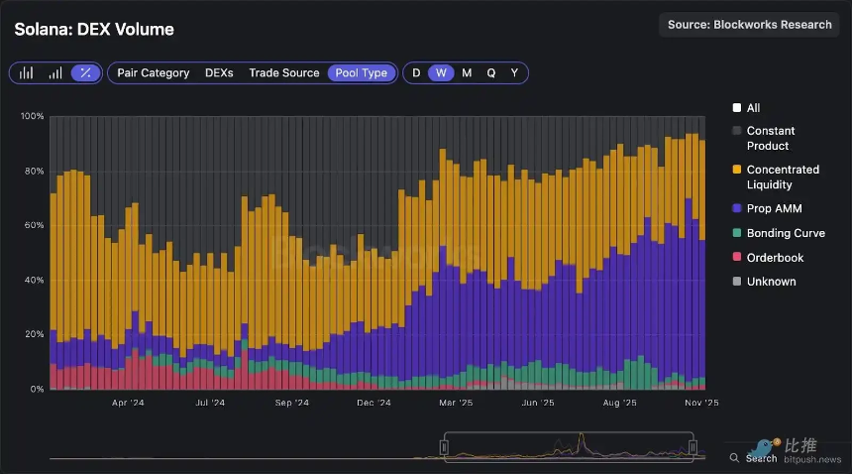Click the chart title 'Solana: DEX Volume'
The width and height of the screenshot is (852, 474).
[x=94, y=30]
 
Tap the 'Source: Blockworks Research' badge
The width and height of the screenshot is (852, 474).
[x=749, y=25]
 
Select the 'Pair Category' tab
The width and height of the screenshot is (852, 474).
[x=153, y=73]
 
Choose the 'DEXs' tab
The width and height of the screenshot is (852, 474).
[x=219, y=73]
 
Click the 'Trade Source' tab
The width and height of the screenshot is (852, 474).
[x=283, y=73]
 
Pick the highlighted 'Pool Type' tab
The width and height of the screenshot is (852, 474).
[x=361, y=73]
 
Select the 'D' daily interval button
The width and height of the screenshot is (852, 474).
[x=416, y=73]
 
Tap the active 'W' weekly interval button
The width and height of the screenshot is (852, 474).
[x=442, y=73]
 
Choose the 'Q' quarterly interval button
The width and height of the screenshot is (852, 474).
[x=490, y=73]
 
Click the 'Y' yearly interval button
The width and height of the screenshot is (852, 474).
[x=514, y=73]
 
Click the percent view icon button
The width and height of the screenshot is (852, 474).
[x=86, y=73]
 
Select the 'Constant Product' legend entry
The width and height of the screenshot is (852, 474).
[x=770, y=138]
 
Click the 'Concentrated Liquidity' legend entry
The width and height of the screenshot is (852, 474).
[x=782, y=177]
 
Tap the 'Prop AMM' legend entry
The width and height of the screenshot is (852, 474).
[x=774, y=209]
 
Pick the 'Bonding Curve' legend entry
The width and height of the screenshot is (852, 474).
[x=785, y=233]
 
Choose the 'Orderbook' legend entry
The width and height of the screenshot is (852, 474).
[x=775, y=258]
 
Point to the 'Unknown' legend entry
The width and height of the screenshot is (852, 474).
[x=771, y=282]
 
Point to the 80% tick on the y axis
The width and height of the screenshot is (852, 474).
[x=33, y=172]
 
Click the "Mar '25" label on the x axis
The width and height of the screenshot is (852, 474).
[x=455, y=404]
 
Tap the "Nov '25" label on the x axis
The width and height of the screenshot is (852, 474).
[x=700, y=404]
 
